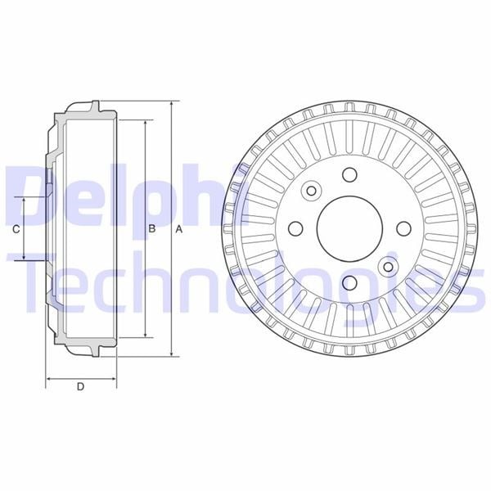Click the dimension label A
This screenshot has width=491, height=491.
178,229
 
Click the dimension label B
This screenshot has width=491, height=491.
152,228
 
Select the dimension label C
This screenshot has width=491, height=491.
16,229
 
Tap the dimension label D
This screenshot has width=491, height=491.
81,387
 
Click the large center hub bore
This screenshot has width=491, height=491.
349,228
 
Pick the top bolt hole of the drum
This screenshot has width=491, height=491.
349,175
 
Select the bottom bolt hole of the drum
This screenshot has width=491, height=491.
349,282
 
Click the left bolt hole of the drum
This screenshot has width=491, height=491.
295,228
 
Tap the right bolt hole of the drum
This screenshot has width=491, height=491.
404,228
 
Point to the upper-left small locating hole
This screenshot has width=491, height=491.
311,191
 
